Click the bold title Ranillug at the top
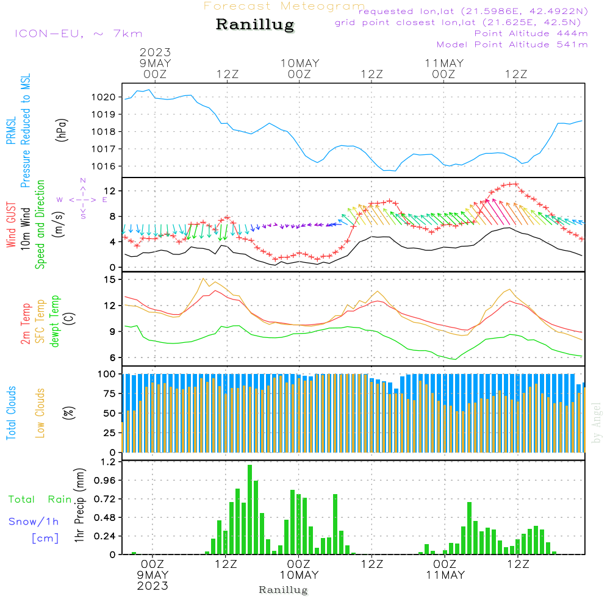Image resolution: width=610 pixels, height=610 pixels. pos(255,25)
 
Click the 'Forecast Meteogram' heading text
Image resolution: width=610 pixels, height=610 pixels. pos(284,6)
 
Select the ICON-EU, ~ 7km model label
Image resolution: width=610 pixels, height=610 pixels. pos(78,34)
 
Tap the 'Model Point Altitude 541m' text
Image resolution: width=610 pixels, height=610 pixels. pos(512,45)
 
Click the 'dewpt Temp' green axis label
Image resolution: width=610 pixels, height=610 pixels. pos(55,321)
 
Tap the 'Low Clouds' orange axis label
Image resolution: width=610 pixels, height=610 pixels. pos(40,412)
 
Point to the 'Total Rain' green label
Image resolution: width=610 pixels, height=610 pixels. pos(40,499)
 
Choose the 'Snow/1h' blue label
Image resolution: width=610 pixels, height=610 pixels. pos(34,521)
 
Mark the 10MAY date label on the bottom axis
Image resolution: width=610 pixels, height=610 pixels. pos(300,575)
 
